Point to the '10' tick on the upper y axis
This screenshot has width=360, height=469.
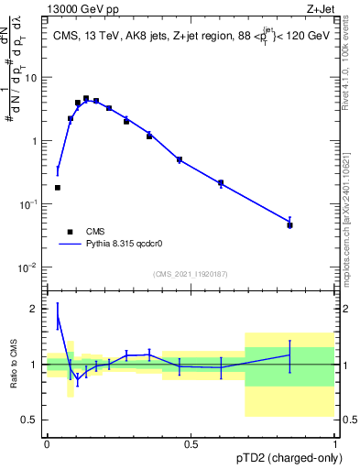coord(31,78)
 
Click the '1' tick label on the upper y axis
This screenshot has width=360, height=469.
coord(35,141)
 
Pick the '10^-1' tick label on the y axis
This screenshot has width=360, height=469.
coord(29,204)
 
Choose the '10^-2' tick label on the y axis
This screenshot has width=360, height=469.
coord(29,267)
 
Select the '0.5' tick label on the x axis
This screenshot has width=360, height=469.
coord(191,444)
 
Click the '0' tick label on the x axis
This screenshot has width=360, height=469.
coord(47,444)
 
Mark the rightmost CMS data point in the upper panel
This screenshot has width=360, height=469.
coord(289,224)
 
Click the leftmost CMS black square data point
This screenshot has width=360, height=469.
coord(58,188)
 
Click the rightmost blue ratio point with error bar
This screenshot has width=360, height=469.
coord(289,354)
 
